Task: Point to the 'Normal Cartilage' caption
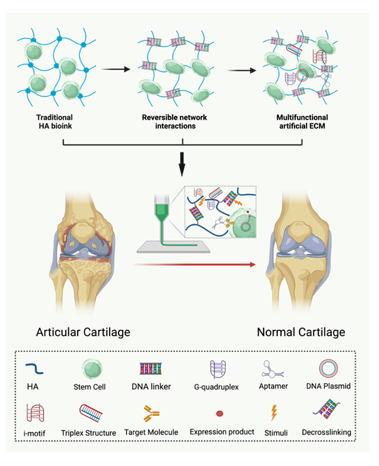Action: pos(301,332)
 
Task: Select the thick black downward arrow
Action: pos(182,165)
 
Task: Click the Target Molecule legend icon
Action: pos(151,413)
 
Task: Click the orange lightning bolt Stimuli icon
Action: pos(274,413)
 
